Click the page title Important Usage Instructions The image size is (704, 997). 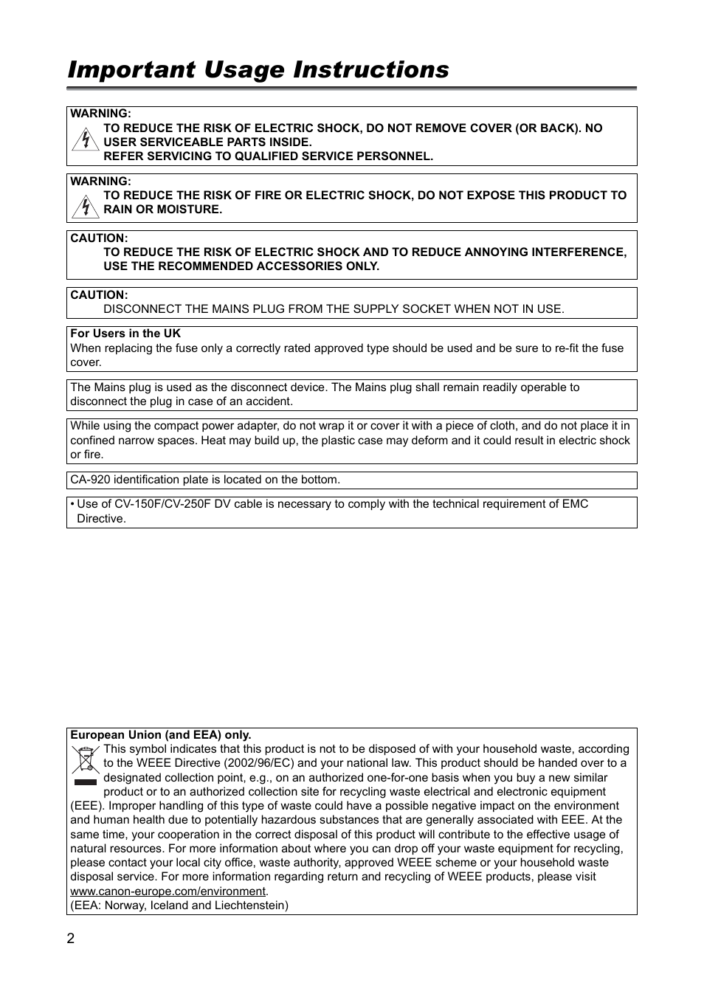click(258, 69)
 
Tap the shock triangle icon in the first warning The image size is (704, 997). click(86, 139)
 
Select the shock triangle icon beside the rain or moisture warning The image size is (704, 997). click(86, 206)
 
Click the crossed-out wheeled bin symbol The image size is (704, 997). click(86, 759)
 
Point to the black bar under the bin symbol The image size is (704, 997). click(86, 781)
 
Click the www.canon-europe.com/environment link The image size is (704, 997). click(168, 891)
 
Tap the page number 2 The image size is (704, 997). click(71, 939)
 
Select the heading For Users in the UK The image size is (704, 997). click(125, 334)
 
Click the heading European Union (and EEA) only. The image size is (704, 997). click(161, 735)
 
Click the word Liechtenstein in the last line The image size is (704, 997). click(251, 905)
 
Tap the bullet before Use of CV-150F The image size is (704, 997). click(72, 504)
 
